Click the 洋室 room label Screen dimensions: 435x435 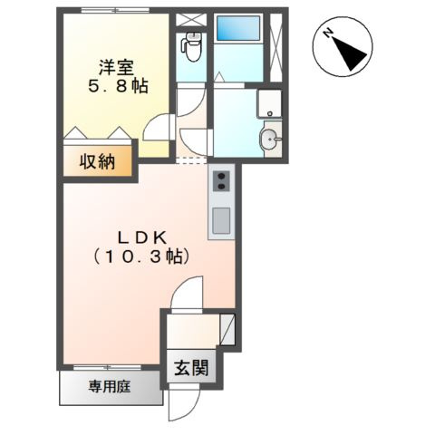[117, 67]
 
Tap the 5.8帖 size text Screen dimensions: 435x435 [118, 86]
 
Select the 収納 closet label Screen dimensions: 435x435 [97, 162]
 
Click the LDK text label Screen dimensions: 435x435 [142, 238]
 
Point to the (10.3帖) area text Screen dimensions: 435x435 [141, 257]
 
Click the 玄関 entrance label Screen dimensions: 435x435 [191, 368]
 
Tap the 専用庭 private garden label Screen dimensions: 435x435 [110, 386]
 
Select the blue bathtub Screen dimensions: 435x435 [238, 28]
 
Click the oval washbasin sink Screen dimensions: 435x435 [270, 139]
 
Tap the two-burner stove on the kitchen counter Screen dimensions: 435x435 [221, 181]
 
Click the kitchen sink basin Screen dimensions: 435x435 [221, 221]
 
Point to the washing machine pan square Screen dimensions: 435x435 [269, 103]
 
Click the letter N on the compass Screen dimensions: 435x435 [328, 33]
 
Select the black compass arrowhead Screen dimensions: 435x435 [351, 54]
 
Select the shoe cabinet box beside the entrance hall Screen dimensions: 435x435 [227, 329]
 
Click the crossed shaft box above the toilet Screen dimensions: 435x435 [191, 19]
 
